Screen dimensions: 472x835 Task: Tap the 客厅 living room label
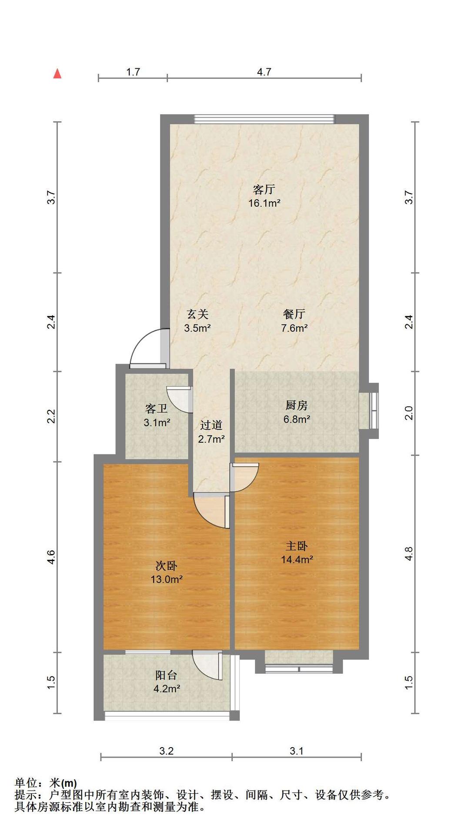pyautogui.click(x=264, y=190)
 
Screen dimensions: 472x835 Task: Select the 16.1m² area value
pyautogui.click(x=264, y=203)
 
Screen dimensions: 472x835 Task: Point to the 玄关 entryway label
pyautogui.click(x=198, y=314)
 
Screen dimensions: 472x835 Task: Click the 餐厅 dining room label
pyautogui.click(x=295, y=314)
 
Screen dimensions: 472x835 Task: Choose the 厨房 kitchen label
pyautogui.click(x=297, y=405)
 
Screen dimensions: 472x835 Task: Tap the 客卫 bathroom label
pyautogui.click(x=157, y=409)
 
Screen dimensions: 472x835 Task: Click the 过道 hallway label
pyautogui.click(x=211, y=425)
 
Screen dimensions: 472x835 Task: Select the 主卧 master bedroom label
pyautogui.click(x=297, y=546)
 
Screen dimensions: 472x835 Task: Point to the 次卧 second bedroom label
pyautogui.click(x=167, y=566)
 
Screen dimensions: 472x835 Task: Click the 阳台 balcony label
pyautogui.click(x=167, y=675)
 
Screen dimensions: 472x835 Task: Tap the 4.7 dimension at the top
pyautogui.click(x=264, y=72)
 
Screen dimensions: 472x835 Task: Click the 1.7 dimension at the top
pyautogui.click(x=133, y=72)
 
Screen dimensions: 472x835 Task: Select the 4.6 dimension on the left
pyautogui.click(x=51, y=557)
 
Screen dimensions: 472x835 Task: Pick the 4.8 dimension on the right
pyautogui.click(x=408, y=554)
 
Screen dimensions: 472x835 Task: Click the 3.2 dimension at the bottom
pyautogui.click(x=167, y=751)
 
